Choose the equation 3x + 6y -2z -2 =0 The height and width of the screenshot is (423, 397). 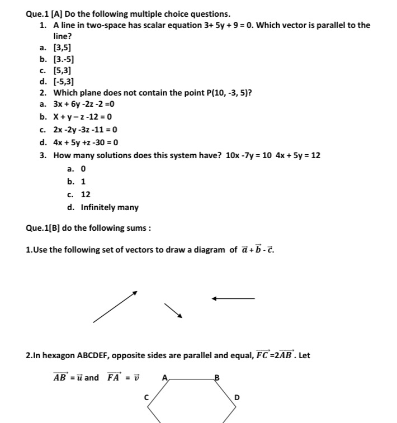point(84,104)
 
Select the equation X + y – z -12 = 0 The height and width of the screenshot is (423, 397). point(82,117)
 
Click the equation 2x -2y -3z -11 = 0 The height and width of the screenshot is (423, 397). point(85,130)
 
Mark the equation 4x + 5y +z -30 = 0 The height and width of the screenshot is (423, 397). point(86,142)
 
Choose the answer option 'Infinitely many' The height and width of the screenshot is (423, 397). point(110,207)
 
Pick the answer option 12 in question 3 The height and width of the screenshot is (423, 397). point(86,194)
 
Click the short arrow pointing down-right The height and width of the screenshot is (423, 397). point(173,310)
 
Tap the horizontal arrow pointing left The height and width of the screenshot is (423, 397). point(233,298)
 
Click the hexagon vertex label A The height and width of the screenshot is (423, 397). point(164,377)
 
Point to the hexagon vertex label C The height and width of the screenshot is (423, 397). point(146,397)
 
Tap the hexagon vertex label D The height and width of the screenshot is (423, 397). point(237,397)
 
